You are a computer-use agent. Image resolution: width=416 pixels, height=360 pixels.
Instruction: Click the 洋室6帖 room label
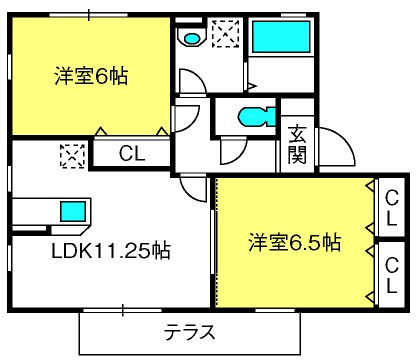91,76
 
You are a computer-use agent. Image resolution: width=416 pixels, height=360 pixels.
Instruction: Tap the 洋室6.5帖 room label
295,242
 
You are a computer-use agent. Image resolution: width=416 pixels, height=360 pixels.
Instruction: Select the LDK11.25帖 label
111,250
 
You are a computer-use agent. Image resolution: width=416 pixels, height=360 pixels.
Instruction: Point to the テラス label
190,332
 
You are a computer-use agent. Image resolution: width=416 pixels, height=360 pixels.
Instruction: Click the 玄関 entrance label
297,144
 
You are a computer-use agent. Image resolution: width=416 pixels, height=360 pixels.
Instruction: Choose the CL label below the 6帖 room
132,154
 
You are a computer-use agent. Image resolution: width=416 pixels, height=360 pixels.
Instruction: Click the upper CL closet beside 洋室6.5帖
392,208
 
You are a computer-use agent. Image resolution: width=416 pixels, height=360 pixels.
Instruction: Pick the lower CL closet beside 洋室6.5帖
392,275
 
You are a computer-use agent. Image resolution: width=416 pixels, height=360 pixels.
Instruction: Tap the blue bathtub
281,36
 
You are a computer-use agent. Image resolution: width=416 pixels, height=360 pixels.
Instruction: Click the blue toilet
257,117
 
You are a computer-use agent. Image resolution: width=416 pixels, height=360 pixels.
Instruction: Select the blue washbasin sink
191,39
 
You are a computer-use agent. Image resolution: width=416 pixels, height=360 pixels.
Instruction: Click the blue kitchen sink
73,211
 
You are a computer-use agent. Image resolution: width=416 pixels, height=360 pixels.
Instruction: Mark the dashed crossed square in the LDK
72,156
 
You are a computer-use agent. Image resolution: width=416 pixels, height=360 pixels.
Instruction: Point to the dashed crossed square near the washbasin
226,34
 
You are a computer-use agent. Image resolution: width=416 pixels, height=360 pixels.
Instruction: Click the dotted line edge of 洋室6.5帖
217,242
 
